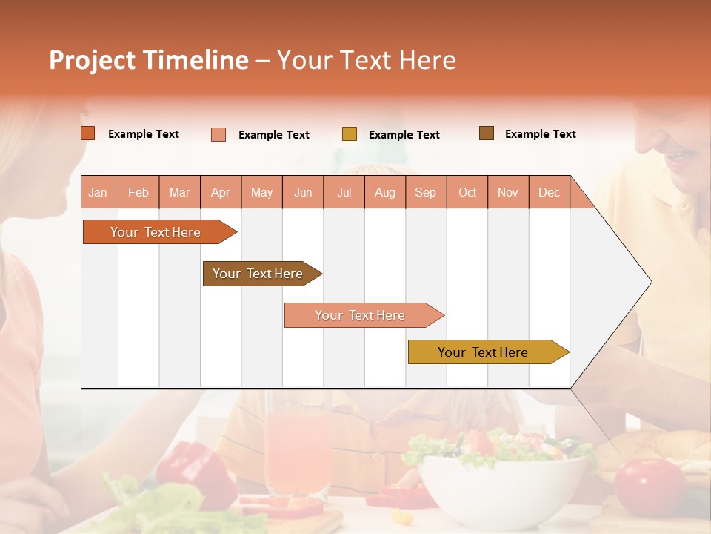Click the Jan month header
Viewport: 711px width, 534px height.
pyautogui.click(x=99, y=192)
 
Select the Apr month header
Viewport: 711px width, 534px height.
pyautogui.click(x=221, y=192)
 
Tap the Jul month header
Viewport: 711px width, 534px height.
pyautogui.click(x=344, y=192)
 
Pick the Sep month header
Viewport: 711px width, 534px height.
pyautogui.click(x=425, y=192)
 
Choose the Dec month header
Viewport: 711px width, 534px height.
pyautogui.click(x=549, y=192)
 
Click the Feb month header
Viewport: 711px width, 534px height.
pyautogui.click(x=138, y=192)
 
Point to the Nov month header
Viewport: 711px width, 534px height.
pyautogui.click(x=508, y=192)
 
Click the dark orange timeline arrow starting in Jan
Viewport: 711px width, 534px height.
pyautogui.click(x=156, y=232)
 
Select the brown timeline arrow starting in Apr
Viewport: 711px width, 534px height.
pyautogui.click(x=258, y=274)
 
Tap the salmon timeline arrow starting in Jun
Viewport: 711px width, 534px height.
pyautogui.click(x=360, y=315)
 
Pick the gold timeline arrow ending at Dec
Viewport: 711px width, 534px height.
pyautogui.click(x=484, y=352)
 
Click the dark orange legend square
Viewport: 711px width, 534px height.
pyautogui.click(x=88, y=133)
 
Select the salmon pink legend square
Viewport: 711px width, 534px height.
pyautogui.click(x=218, y=134)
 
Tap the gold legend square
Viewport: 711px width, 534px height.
pyautogui.click(x=350, y=134)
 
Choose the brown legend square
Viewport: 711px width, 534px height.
pyautogui.click(x=487, y=133)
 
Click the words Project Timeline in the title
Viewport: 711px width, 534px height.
pyautogui.click(x=149, y=60)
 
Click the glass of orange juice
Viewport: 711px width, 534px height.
pyautogui.click(x=297, y=452)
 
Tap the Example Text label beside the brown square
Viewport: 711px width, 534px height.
pyautogui.click(x=540, y=134)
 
